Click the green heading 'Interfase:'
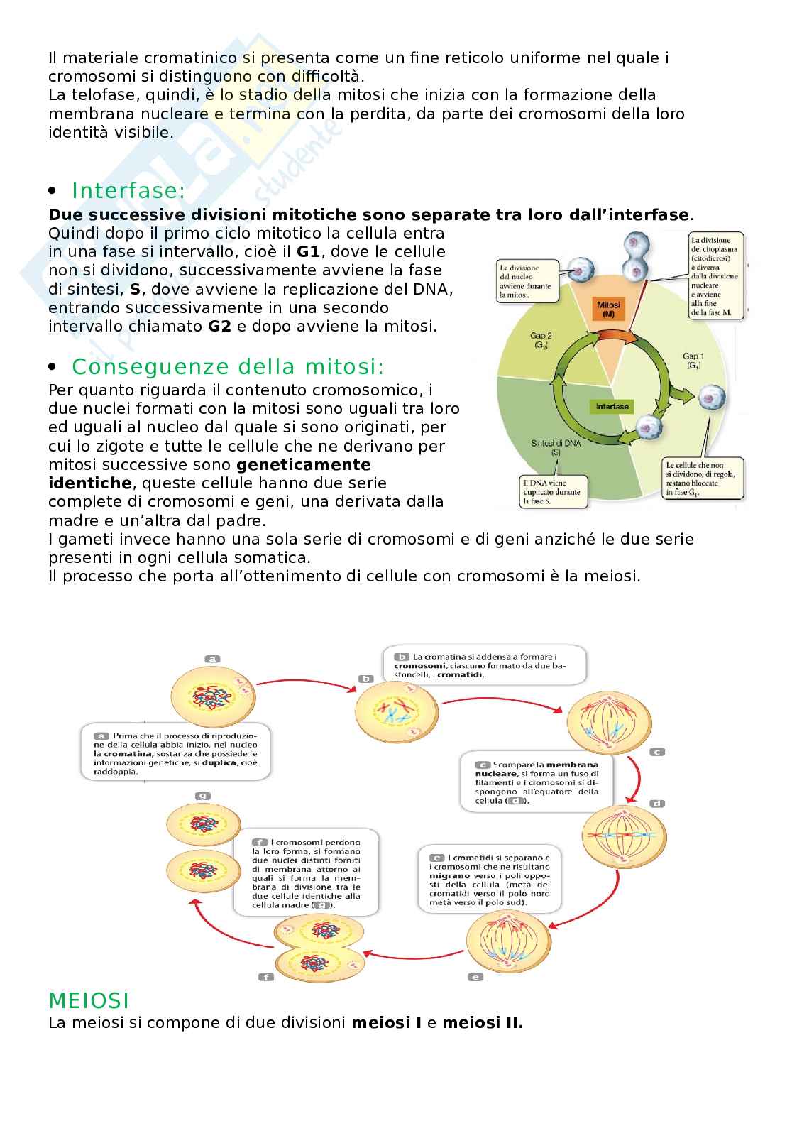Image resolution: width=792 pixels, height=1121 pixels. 128,191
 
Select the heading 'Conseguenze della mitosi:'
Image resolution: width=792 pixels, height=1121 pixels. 228,367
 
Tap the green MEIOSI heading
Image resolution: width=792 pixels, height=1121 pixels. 89,1000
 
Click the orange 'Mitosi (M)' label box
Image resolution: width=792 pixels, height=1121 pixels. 608,309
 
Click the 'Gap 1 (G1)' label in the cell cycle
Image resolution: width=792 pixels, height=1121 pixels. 693,361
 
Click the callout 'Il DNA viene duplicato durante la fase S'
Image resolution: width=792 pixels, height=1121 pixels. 552,491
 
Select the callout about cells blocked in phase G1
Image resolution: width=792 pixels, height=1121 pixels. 705,478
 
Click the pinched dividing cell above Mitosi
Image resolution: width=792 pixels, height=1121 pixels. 636,260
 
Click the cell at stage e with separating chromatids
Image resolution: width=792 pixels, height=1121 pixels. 508,941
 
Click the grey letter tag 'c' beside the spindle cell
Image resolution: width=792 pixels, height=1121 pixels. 657,752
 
